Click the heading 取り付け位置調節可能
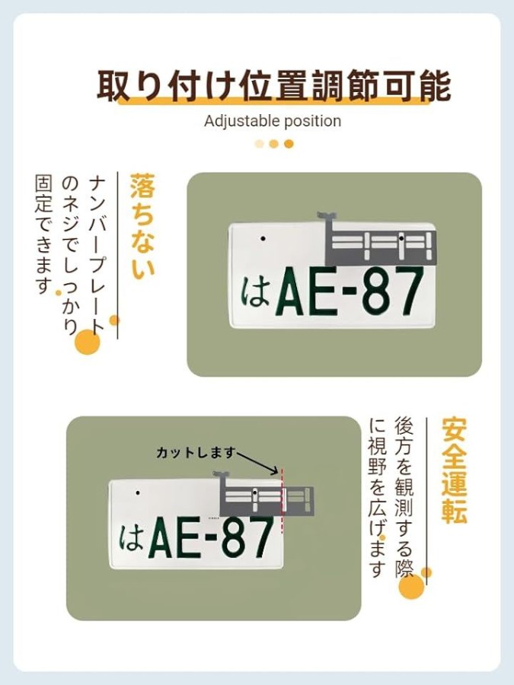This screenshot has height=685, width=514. click(x=273, y=84)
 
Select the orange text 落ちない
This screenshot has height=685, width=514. click(x=142, y=225)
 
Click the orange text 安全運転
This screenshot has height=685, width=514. click(x=454, y=470)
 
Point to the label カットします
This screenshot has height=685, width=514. click(x=196, y=453)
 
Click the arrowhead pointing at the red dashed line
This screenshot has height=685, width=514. click(x=274, y=471)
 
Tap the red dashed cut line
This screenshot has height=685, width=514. click(x=282, y=501)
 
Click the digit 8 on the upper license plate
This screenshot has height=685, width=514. click(x=377, y=291)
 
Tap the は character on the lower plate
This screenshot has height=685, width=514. click(x=131, y=537)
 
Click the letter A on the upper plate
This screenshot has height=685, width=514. click(x=291, y=291)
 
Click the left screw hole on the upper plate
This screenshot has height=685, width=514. click(x=263, y=238)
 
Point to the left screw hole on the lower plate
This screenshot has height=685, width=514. click(x=138, y=492)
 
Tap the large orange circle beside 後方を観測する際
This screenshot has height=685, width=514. click(x=411, y=586)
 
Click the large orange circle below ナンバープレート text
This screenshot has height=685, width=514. click(x=88, y=342)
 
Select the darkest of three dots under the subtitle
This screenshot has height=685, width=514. click(x=289, y=144)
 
